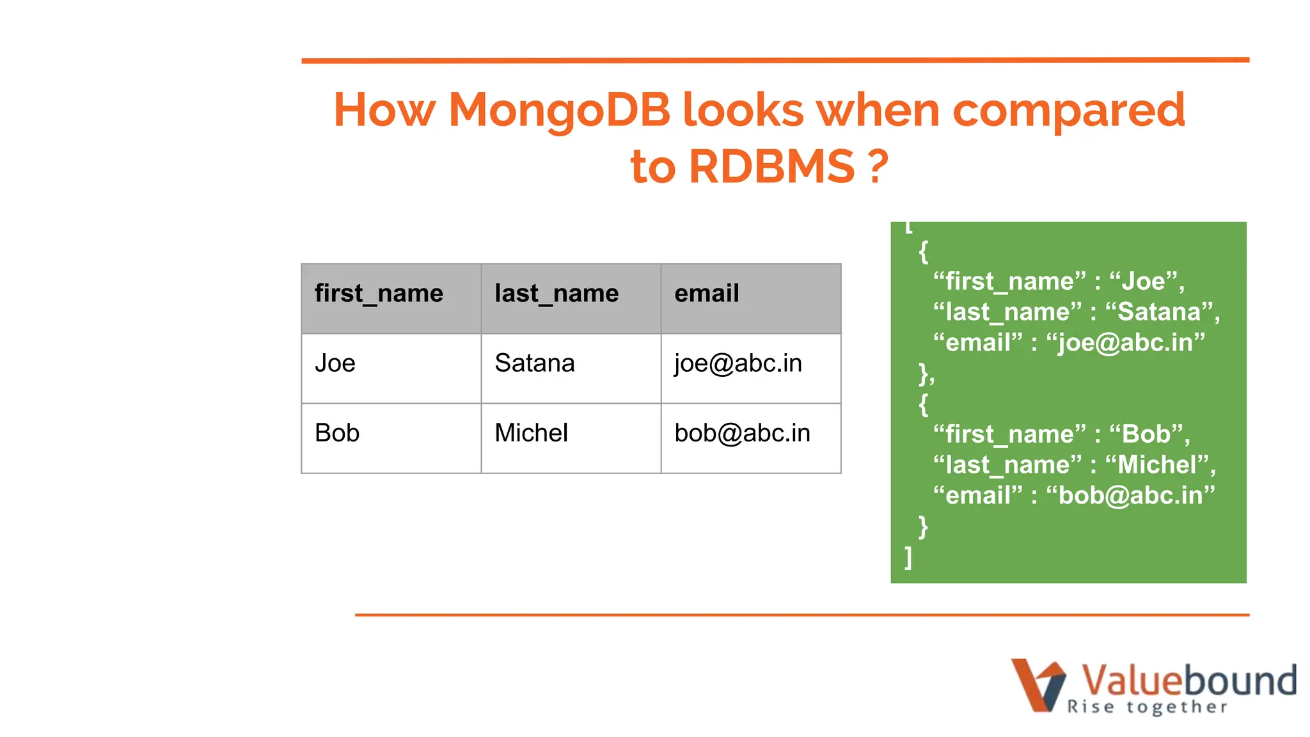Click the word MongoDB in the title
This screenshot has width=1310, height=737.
(559, 111)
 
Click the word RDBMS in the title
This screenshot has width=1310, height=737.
(771, 167)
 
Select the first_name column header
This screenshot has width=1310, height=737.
(379, 294)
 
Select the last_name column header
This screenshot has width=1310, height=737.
(556, 294)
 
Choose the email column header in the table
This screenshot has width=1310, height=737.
(706, 294)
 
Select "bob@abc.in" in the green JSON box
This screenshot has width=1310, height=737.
(1130, 496)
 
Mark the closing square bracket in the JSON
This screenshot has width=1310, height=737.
(908, 557)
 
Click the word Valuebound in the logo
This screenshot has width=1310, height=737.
(1188, 681)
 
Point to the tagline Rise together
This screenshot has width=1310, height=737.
(1147, 707)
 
